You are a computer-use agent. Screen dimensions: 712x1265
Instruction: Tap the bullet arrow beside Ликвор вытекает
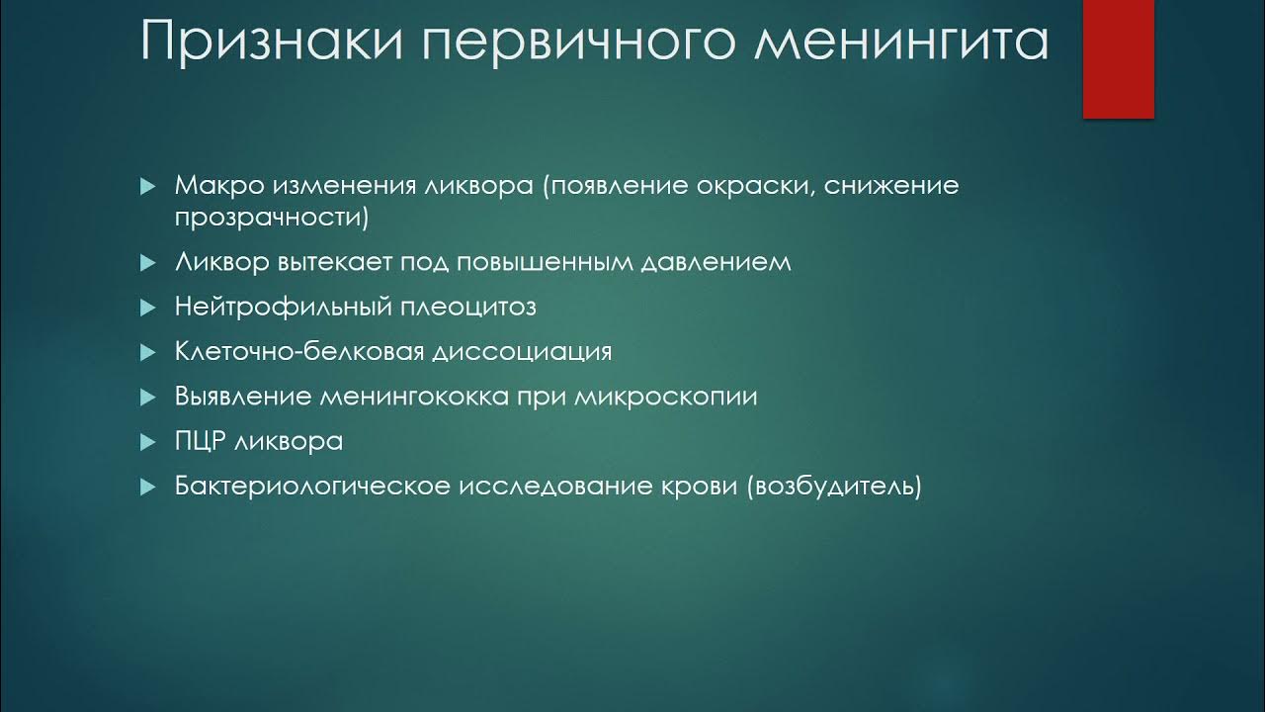click(x=147, y=263)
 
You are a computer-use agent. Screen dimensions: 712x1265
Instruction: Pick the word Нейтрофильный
click(x=284, y=307)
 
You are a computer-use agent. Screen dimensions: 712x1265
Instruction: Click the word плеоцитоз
click(x=468, y=307)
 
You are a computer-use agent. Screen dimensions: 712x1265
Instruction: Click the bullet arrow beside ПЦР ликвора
click(x=147, y=442)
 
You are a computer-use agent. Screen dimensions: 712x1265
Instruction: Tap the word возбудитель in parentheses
click(x=834, y=487)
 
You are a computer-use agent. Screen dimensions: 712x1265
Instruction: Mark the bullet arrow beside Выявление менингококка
click(x=147, y=398)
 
